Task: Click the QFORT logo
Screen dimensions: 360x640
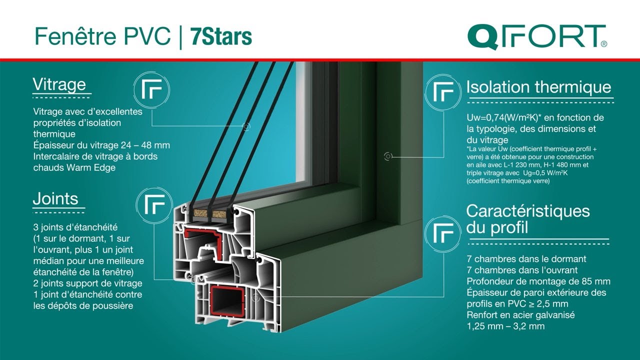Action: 537,36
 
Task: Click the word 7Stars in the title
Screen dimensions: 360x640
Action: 221,36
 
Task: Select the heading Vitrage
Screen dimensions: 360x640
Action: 59,84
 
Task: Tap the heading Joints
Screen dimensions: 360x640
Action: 55,198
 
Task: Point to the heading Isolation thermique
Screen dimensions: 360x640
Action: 538,87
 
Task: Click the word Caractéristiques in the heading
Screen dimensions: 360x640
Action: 527,210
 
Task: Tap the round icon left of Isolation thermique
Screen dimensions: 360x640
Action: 442,92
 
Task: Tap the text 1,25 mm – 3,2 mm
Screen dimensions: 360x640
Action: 505,326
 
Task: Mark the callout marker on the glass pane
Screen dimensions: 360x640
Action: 246,126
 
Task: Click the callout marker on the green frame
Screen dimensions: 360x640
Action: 388,156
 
